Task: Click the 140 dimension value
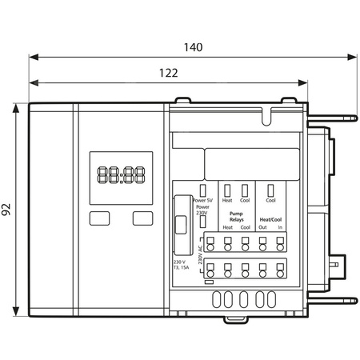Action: click(x=193, y=46)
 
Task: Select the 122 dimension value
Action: click(x=168, y=72)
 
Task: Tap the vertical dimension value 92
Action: click(x=6, y=210)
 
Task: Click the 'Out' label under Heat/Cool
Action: click(x=262, y=227)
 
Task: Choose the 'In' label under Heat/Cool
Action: click(x=280, y=227)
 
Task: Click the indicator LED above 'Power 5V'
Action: click(x=205, y=190)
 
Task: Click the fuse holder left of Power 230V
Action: click(x=181, y=227)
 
